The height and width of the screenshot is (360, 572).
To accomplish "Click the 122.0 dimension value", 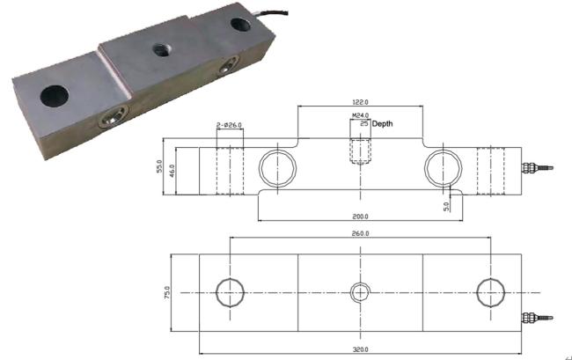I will coord(360,101).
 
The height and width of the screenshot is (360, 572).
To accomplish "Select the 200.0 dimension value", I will coord(359,216).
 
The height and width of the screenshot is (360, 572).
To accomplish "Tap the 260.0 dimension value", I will coord(359,234).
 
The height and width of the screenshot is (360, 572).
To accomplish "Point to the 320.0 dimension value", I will coord(359,350).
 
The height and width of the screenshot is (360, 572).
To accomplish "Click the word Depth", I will coord(384,125).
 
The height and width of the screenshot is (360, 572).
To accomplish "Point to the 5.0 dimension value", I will coord(447,206).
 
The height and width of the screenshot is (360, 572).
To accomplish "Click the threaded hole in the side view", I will coord(361,151).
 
